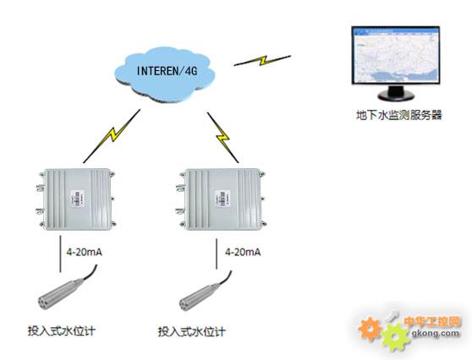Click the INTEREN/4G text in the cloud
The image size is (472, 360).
(167, 71)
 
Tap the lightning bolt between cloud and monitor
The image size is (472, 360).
(262, 60)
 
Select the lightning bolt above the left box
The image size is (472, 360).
(112, 136)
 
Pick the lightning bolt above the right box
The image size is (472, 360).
(222, 138)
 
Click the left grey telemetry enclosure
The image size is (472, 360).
(77, 199)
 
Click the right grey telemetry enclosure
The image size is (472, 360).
(222, 199)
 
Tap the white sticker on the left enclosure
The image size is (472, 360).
(77, 199)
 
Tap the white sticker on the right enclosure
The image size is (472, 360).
(222, 199)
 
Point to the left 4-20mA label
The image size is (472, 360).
(85, 252)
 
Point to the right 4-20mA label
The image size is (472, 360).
(243, 252)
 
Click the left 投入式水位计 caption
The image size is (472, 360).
(62, 330)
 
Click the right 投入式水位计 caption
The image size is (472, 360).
(192, 332)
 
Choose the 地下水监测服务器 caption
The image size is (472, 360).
(399, 115)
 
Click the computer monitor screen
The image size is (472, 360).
(396, 55)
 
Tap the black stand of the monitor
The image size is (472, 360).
(396, 93)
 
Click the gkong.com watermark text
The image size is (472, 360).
(436, 333)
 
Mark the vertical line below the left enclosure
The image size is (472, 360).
(60, 254)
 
